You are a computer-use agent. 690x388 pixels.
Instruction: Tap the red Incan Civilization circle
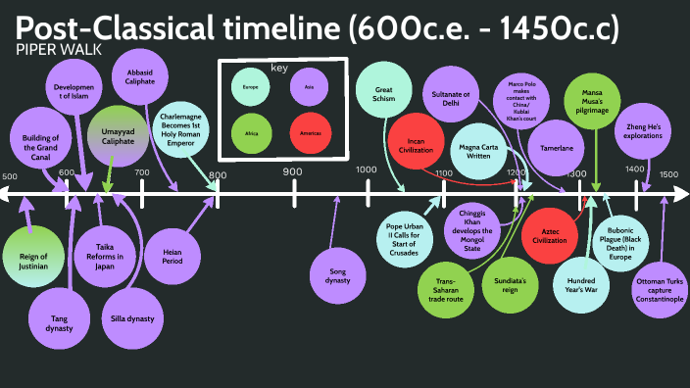pos(415,147)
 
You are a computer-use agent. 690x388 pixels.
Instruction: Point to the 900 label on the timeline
pos(292,172)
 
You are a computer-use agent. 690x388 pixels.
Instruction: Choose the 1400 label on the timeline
pos(634,170)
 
